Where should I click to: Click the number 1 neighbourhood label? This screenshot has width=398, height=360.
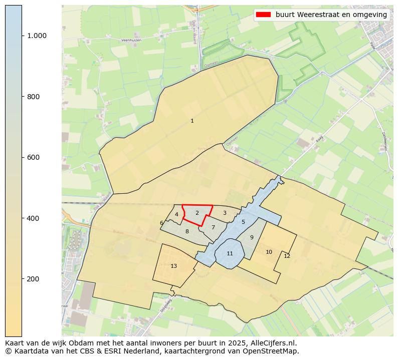coord(192,121)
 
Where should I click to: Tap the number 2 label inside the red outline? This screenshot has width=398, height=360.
coord(197,213)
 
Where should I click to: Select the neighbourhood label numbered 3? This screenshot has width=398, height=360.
coord(225,213)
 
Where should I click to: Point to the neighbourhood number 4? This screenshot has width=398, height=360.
coord(176,214)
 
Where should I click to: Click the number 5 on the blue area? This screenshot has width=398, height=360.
coord(243,222)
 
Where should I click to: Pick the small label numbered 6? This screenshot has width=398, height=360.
coord(161,223)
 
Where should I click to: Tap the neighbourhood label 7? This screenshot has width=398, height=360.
coord(213,227)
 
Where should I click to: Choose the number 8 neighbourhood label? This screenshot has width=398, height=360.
coord(187,231)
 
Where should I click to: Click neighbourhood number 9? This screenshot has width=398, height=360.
coord(252,237)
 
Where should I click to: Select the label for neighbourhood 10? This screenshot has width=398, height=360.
coord(269,252)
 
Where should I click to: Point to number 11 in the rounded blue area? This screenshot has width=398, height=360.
coord(230,253)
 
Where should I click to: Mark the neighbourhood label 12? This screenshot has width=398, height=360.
coord(287,256)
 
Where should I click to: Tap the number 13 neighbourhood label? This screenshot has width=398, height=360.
coord(173,266)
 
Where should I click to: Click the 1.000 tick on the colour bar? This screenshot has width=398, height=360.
coord(37,36)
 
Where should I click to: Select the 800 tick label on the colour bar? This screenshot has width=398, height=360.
coord(34,97)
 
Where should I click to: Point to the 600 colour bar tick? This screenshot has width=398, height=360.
coord(34,157)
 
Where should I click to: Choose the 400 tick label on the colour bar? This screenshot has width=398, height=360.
coord(34,218)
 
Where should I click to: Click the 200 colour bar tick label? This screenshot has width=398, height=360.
coord(34,279)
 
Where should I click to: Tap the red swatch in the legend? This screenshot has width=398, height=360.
coord(263,15)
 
